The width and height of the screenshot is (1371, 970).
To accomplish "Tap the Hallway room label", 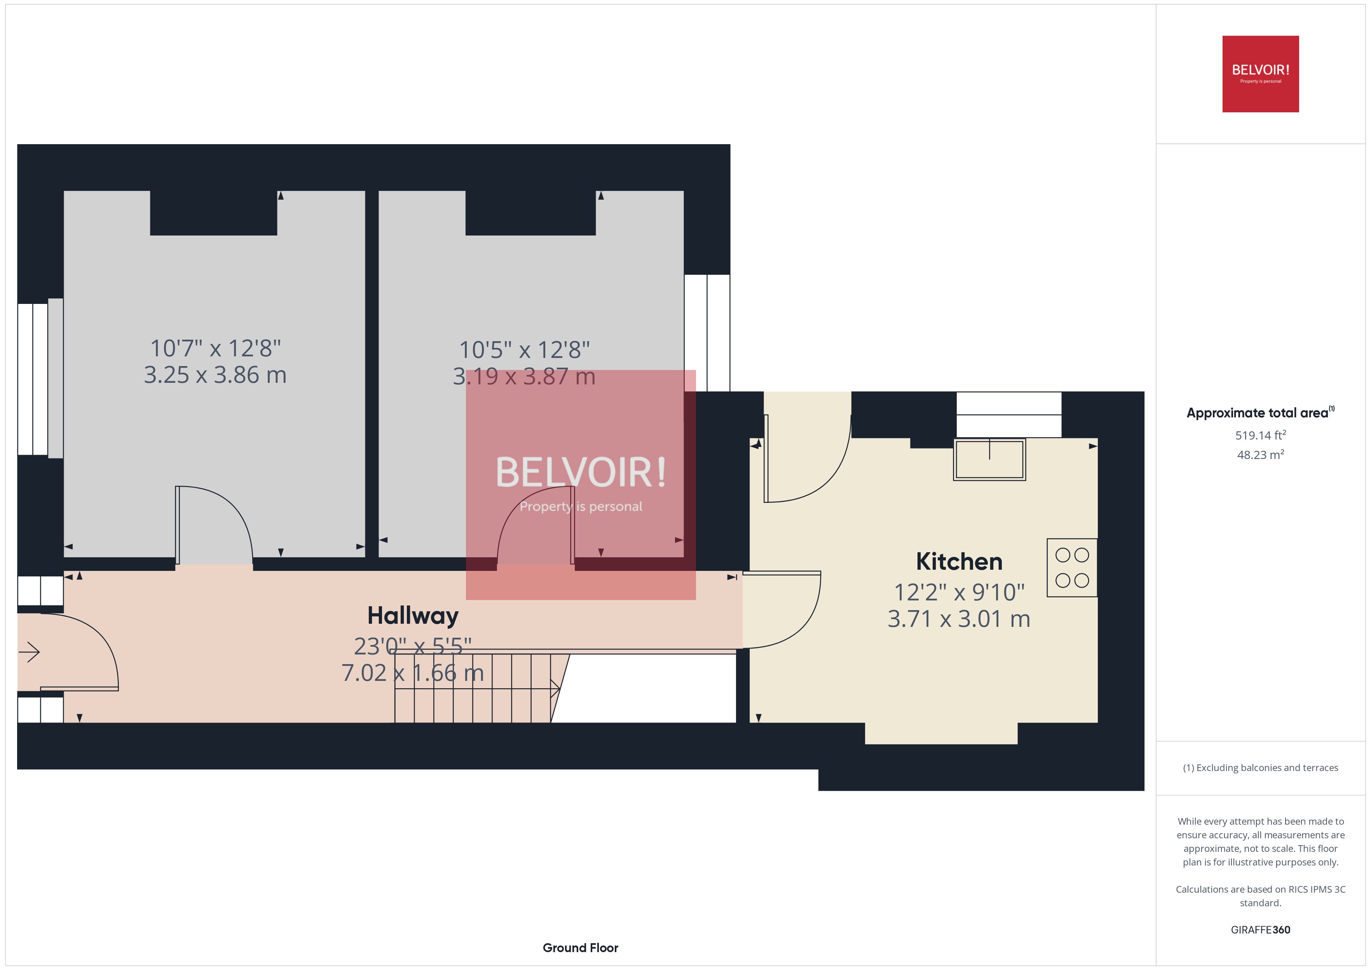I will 413,615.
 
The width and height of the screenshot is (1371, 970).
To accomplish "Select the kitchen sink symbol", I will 989,459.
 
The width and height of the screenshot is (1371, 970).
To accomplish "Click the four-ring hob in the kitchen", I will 1071,567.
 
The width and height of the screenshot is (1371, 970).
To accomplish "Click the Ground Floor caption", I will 580,947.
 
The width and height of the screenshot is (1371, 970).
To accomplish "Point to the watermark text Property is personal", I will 581,506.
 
